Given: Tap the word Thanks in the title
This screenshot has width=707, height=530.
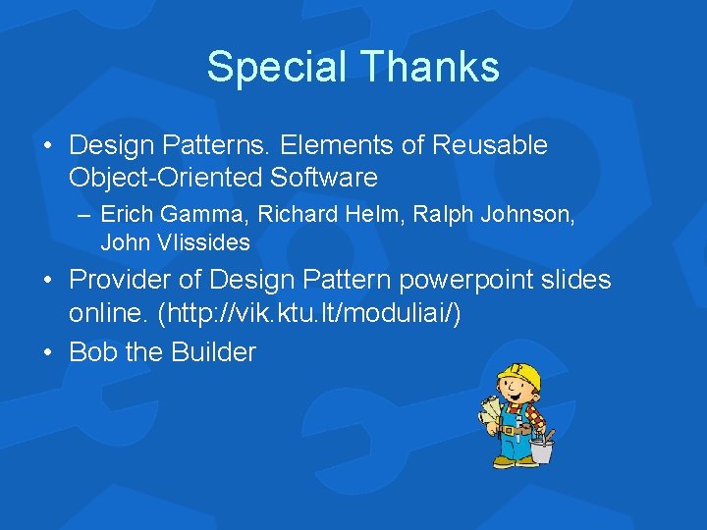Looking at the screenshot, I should click(428, 68).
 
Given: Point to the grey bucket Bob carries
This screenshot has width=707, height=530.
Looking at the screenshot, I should click(542, 450).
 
